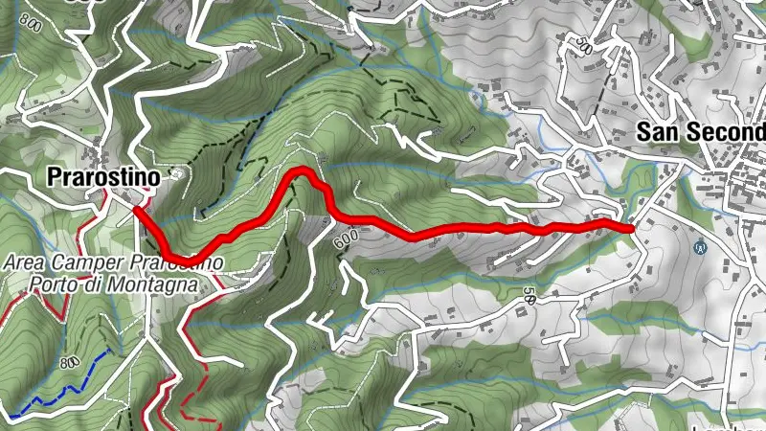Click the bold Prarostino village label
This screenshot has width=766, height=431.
[104, 176]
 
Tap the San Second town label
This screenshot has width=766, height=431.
[702, 131]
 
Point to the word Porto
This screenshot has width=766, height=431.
[51, 284]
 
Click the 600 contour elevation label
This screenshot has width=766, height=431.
[346, 241]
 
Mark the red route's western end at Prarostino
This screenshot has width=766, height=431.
[137, 208]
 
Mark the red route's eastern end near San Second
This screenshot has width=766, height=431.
[632, 228]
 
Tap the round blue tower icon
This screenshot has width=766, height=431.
[699, 246]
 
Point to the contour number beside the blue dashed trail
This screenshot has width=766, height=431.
[68, 365]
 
